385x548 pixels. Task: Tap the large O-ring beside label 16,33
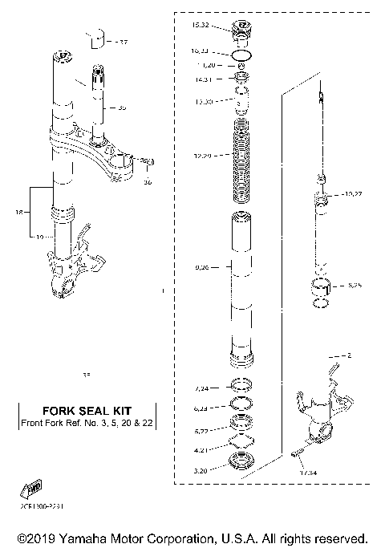coord(241,55)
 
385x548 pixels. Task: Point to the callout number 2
coord(349,355)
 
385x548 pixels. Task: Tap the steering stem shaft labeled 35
coord(98,104)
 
